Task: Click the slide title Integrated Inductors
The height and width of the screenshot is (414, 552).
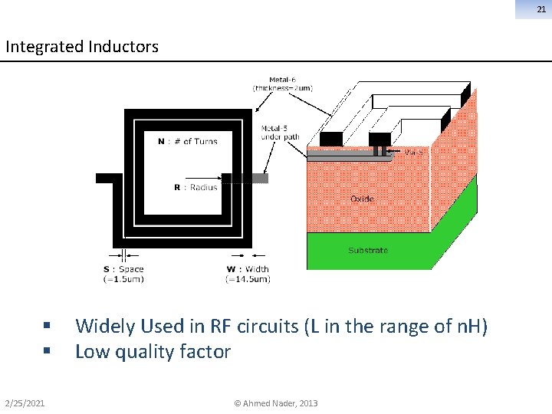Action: pos(82,47)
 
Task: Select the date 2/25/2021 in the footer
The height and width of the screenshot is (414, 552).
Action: pos(25,403)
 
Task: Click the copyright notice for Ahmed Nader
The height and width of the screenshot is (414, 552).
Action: pos(276,403)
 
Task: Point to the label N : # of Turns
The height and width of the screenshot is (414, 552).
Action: pos(187,141)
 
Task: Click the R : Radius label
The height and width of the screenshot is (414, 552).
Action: pos(195,187)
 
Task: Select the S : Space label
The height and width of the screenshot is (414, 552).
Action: pos(123,269)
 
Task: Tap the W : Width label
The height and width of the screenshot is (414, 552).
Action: pos(248,269)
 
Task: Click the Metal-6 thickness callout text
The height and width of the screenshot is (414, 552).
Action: pos(283,84)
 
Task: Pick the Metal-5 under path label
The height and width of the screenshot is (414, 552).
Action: pos(280,133)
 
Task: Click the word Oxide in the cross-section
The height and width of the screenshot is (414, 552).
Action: pos(362,199)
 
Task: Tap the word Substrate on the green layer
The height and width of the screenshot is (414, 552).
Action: pos(368,250)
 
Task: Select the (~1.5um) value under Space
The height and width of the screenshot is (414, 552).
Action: pos(123,279)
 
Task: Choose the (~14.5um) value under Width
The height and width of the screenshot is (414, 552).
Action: pos(248,279)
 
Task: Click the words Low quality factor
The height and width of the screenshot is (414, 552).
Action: pos(153,352)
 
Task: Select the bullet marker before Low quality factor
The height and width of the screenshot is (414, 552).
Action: pos(48,352)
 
